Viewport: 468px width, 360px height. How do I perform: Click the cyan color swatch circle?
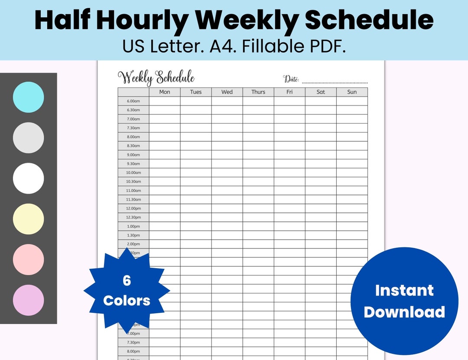pos(29,97)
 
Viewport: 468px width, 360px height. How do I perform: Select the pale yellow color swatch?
pos(29,219)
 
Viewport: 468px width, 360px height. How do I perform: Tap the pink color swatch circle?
pos(29,259)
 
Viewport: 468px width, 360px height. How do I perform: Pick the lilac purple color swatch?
pos(29,300)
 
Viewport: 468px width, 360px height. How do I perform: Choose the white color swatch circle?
pos(29,178)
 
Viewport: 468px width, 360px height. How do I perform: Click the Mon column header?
pos(165,92)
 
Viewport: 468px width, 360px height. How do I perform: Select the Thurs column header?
pos(258,92)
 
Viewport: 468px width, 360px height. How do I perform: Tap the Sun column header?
pos(352,92)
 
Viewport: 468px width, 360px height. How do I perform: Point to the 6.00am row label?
pos(133,101)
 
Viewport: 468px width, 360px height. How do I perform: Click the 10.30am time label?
pos(133,182)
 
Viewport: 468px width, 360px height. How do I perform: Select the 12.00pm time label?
pos(133,208)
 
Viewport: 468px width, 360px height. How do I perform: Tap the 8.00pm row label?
pos(133,351)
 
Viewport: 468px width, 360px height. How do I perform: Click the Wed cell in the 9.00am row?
pos(227,155)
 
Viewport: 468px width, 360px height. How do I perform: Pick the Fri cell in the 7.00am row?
pos(289,119)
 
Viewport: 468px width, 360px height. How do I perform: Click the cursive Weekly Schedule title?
pos(156,78)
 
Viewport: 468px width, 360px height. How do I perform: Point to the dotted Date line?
pos(335,82)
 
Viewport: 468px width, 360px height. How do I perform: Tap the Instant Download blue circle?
pos(404,301)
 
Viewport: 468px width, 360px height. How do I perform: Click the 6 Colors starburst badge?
pos(127,291)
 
